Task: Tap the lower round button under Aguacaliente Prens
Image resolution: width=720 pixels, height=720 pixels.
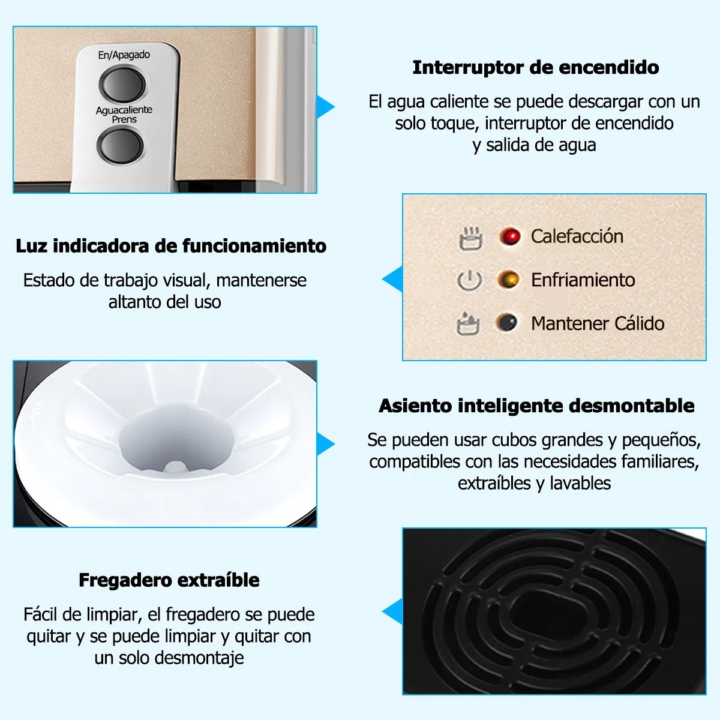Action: click(x=120, y=145)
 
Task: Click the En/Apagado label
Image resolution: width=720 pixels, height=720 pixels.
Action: click(x=124, y=55)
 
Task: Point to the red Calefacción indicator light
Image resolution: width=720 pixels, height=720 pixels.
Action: click(x=509, y=236)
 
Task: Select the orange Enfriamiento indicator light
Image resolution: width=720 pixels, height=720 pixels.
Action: click(x=508, y=280)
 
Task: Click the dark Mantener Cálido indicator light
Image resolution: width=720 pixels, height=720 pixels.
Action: click(x=506, y=322)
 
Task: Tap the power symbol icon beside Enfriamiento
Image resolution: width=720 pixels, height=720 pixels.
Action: click(x=469, y=280)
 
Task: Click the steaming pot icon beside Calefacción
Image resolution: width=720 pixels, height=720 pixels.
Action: click(x=471, y=238)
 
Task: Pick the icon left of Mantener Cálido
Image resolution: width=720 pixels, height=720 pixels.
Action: click(x=468, y=323)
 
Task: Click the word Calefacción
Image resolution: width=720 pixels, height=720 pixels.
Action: click(x=577, y=236)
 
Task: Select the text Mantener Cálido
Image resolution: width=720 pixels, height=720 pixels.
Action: click(x=598, y=323)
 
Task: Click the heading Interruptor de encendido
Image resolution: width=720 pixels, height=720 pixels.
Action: click(x=536, y=68)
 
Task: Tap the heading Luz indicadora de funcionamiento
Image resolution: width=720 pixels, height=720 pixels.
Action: click(x=171, y=246)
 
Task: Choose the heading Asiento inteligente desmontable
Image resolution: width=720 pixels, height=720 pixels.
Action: click(x=536, y=406)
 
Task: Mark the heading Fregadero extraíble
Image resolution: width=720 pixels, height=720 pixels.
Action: click(x=169, y=580)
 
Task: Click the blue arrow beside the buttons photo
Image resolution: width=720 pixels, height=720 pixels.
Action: click(x=325, y=107)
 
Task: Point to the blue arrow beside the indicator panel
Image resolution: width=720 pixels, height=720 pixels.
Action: click(x=392, y=279)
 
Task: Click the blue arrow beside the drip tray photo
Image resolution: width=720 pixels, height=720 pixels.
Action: click(x=392, y=611)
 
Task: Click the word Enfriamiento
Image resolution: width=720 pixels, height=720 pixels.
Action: click(x=583, y=280)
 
